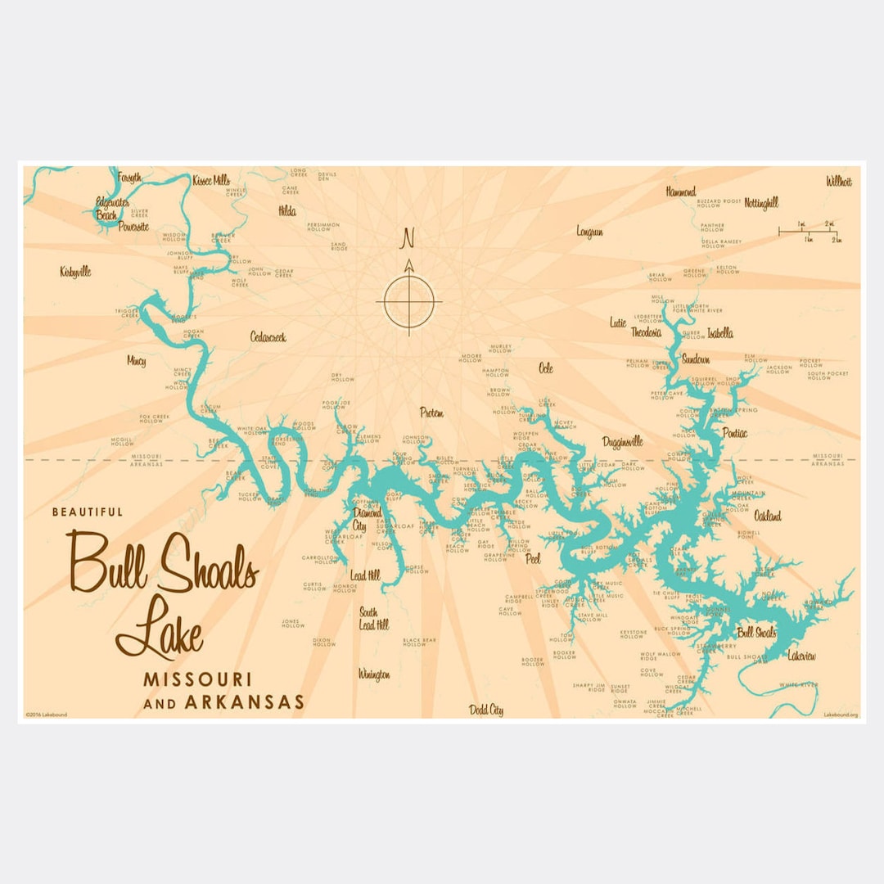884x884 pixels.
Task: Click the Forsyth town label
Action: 129,177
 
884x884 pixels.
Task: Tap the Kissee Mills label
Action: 210,180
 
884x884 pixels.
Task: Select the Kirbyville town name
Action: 75,272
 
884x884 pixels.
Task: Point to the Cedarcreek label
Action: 268,336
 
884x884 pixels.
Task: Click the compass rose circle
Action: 408,301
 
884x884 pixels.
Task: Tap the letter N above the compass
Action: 408,238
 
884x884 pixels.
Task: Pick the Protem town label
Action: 431,413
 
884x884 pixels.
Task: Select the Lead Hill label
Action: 365,575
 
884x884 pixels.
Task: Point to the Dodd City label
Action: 485,710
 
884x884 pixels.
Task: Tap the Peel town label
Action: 533,560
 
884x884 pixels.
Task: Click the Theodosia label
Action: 646,332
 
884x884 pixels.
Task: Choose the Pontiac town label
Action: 734,432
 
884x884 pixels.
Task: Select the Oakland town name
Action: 767,516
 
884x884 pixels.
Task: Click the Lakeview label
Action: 801,656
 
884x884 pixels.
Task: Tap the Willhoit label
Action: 838,181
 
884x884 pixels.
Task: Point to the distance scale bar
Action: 809,232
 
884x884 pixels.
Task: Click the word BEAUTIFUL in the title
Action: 88,512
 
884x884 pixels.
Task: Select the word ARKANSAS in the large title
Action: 244,701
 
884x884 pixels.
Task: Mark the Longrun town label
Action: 589,232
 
